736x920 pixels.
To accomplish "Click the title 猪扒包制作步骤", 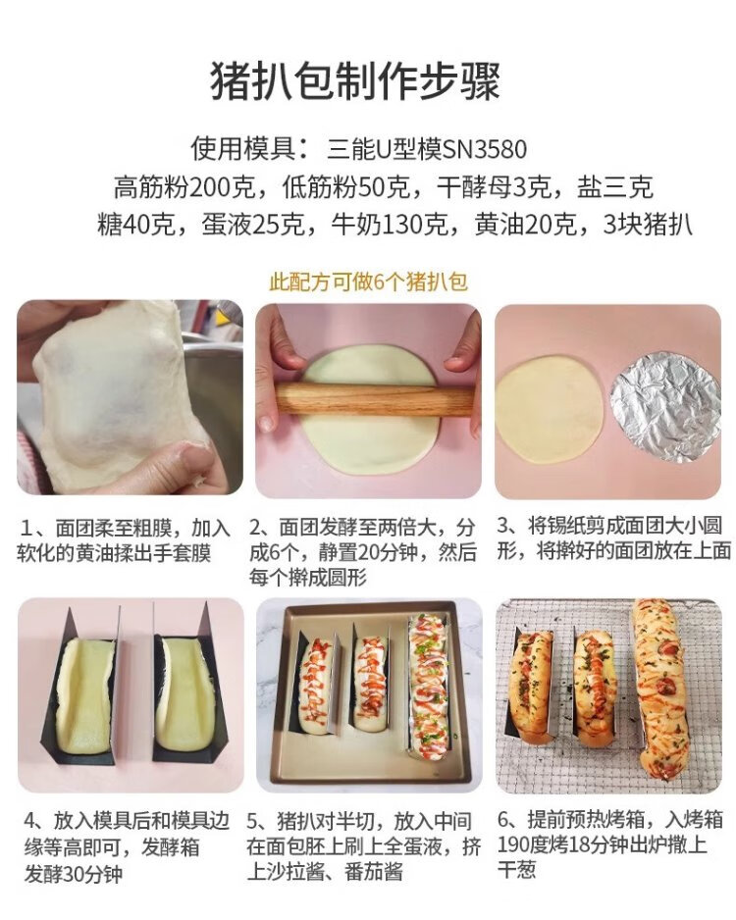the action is click(x=355, y=81).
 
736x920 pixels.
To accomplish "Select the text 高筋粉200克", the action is click(x=184, y=187).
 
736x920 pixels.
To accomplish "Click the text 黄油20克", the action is click(x=525, y=225).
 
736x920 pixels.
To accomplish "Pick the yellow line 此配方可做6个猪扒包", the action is click(x=368, y=281).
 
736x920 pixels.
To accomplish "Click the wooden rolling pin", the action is click(x=375, y=399).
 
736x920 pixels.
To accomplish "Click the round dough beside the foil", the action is click(x=549, y=408).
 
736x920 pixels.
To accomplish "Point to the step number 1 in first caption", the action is click(x=26, y=528).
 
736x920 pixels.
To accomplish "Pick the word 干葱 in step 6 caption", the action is click(x=517, y=870).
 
